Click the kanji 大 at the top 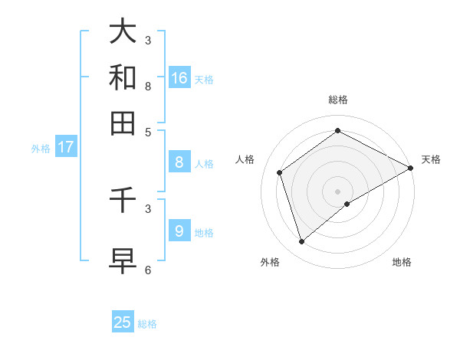pyautogui.click(x=123, y=31)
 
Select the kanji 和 pyautogui.click(x=123, y=77)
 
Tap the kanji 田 pyautogui.click(x=123, y=123)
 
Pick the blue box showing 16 pyautogui.click(x=179, y=78)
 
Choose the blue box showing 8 pyautogui.click(x=179, y=162)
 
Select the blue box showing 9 pyautogui.click(x=179, y=231)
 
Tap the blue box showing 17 pyautogui.click(x=65, y=147)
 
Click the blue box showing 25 pyautogui.click(x=123, y=322)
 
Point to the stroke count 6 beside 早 pyautogui.click(x=148, y=270)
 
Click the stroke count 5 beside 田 pyautogui.click(x=148, y=132)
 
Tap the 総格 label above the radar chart pyautogui.click(x=338, y=100)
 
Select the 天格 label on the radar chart pyautogui.click(x=431, y=159)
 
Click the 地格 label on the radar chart pyautogui.click(x=402, y=262)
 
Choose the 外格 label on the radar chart pyautogui.click(x=270, y=262)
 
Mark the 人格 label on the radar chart pyautogui.click(x=245, y=159)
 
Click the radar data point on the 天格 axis pyautogui.click(x=411, y=168)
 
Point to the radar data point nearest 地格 pyautogui.click(x=347, y=204)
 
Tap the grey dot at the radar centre pyautogui.click(x=338, y=191)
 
